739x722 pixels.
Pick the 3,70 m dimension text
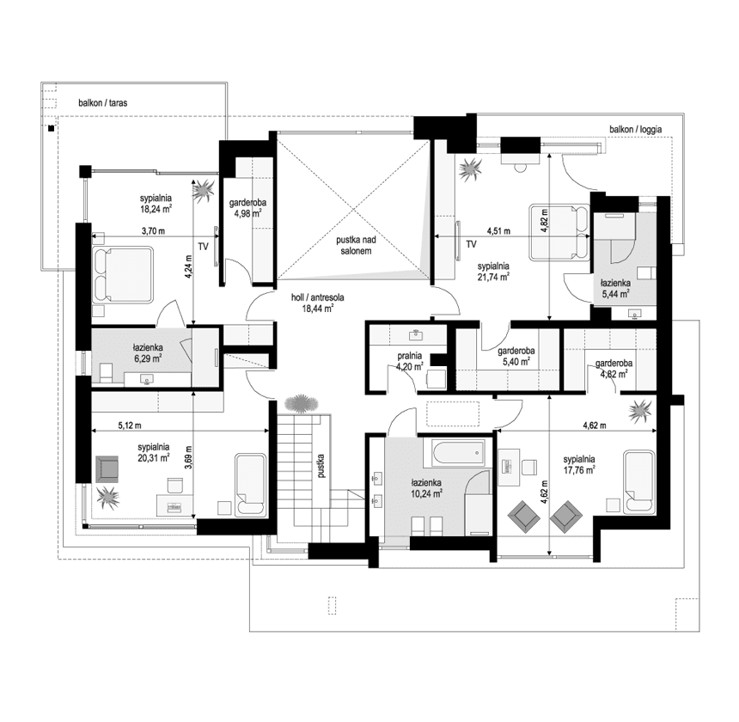point(154,231)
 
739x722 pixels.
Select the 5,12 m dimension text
point(130,425)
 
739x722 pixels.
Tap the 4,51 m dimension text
point(498,231)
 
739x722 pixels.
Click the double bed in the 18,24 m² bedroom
point(123,274)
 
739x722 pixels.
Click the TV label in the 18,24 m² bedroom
point(203,246)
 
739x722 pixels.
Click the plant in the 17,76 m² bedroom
point(640,411)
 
